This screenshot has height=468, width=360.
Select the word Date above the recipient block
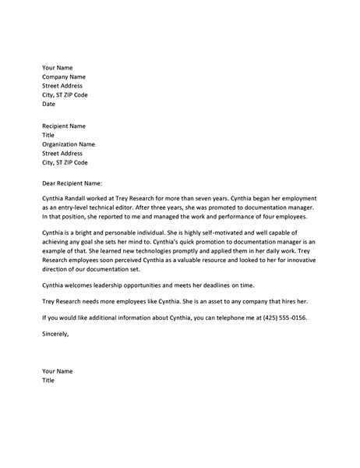click(48, 104)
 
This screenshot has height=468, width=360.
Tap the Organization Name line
click(69, 144)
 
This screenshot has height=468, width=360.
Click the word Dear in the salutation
click(50, 183)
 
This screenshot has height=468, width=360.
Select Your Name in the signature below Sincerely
click(58, 371)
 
